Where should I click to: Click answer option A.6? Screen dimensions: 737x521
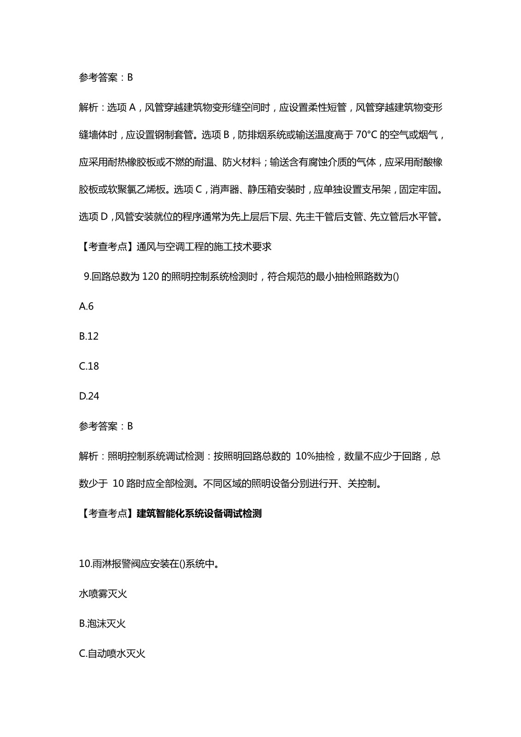pyautogui.click(x=86, y=306)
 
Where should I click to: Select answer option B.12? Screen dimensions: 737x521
pyautogui.click(x=89, y=336)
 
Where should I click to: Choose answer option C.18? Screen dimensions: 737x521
pyautogui.click(x=89, y=366)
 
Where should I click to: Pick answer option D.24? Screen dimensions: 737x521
pyautogui.click(x=89, y=396)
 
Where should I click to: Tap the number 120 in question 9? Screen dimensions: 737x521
pyautogui.click(x=151, y=276)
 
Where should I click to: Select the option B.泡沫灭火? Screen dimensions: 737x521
pyautogui.click(x=102, y=624)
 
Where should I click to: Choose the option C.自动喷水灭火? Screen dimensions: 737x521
pyautogui.click(x=112, y=654)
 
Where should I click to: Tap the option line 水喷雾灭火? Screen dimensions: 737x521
pyautogui.click(x=103, y=594)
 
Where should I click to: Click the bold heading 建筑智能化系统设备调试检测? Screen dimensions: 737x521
pyautogui.click(x=199, y=513)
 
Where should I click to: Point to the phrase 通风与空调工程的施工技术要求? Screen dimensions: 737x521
pyautogui.click(x=204, y=246)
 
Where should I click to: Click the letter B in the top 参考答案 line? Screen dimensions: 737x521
pyautogui.click(x=130, y=77)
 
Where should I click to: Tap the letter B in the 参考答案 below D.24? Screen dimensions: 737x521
pyautogui.click(x=130, y=426)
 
